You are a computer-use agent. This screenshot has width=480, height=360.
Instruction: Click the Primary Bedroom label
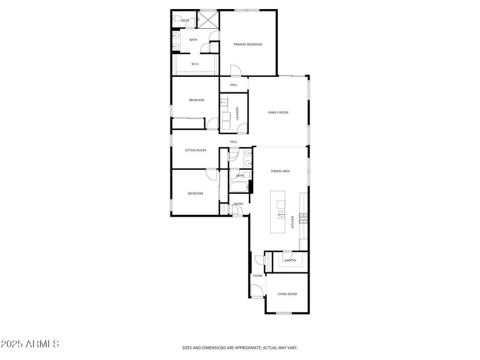248,44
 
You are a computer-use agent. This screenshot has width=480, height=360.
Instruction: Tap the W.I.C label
195,64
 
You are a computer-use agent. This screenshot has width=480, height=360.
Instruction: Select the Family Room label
278,112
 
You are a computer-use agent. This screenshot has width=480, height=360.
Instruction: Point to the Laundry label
238,113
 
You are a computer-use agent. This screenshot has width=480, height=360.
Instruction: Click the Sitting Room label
195,150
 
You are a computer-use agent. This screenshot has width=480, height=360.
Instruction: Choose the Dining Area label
280,172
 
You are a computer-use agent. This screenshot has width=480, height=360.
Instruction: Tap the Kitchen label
293,221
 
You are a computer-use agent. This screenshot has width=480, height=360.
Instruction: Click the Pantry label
291,260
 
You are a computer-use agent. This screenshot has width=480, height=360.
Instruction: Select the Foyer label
257,275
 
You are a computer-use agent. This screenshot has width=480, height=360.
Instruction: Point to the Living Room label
287,294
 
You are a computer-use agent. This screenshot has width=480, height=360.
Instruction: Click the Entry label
238,204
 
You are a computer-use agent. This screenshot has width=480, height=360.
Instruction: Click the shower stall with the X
208,19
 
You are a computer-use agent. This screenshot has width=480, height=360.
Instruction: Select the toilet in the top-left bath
176,20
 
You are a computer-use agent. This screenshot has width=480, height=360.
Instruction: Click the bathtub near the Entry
239,188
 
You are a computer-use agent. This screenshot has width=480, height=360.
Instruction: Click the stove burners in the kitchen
304,218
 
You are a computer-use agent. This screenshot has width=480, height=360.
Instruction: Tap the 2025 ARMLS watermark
29,344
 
